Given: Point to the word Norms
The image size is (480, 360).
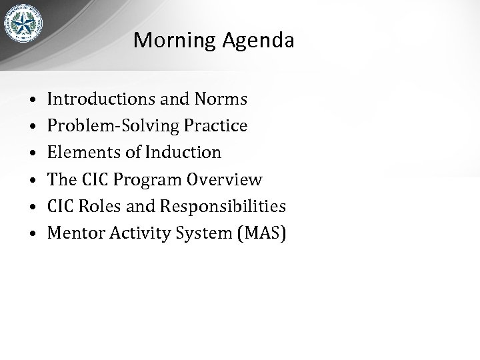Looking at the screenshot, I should click(221, 100).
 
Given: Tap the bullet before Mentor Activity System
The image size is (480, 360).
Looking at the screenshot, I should click(32, 234).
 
